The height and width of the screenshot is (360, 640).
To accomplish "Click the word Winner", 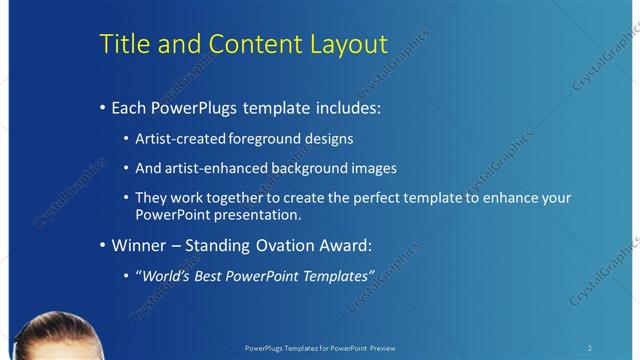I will (139, 245).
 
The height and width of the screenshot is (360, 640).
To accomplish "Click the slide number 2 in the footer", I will (590, 348).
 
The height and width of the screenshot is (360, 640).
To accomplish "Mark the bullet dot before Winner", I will (103, 246).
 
